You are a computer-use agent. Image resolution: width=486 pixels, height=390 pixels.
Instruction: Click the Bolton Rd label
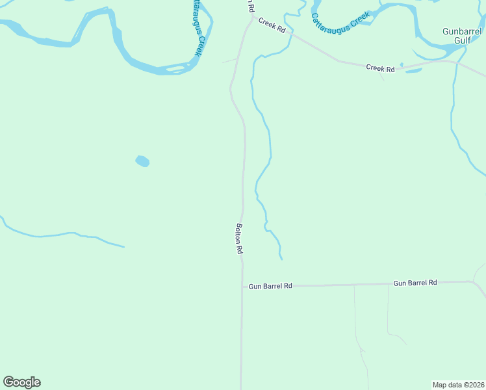click(239, 239)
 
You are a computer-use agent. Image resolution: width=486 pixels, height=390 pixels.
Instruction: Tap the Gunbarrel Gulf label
click(462, 36)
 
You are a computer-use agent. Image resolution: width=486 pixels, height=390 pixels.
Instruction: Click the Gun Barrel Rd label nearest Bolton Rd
click(270, 285)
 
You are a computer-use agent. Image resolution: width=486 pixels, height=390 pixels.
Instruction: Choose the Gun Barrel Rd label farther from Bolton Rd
click(415, 283)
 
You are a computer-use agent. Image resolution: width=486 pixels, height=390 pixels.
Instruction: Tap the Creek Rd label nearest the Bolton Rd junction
click(272, 25)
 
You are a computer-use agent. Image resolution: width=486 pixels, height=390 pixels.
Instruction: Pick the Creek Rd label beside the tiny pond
click(380, 68)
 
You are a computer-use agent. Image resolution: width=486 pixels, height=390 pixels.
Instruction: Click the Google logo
click(21, 382)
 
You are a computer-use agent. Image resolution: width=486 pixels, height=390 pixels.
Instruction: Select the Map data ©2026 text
click(458, 384)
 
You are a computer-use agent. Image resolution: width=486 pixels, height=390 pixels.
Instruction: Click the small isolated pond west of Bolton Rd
click(142, 161)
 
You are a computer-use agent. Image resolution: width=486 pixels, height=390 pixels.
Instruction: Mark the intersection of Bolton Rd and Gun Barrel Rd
click(242, 286)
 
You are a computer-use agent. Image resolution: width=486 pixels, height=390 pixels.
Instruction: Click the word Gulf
click(462, 40)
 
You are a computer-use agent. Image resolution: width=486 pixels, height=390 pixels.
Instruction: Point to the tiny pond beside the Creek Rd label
click(402, 64)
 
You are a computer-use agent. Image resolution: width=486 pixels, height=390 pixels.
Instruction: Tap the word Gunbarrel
click(462, 31)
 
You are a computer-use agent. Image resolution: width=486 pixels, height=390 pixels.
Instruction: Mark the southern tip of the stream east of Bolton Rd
click(281, 259)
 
